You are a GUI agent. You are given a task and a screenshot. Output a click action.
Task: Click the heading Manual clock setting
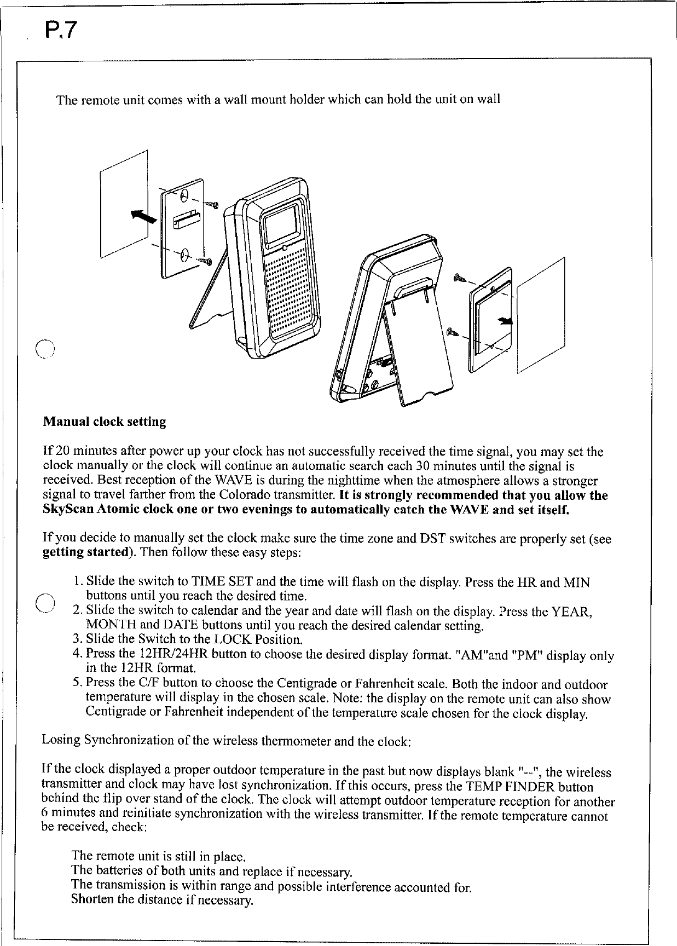104,422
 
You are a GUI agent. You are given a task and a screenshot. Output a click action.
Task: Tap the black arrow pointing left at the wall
143,218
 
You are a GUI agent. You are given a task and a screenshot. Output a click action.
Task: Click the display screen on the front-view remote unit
282,225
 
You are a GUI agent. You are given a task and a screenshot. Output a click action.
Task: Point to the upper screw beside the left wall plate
212,205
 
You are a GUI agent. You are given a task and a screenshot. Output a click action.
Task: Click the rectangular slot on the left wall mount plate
185,220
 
